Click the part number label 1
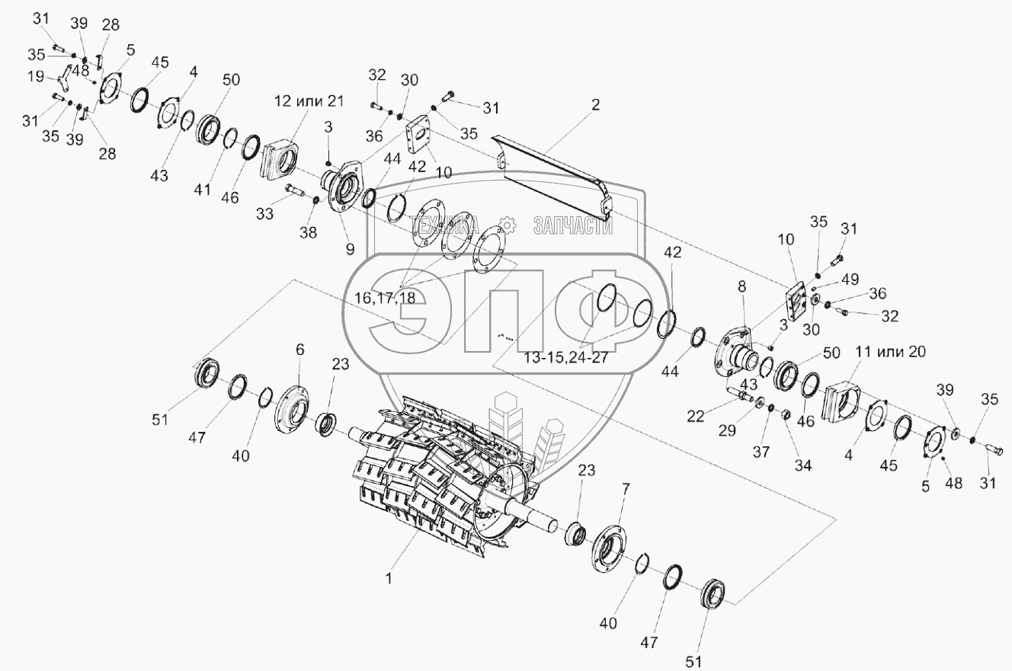(x=389, y=578)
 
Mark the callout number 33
(x=264, y=216)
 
